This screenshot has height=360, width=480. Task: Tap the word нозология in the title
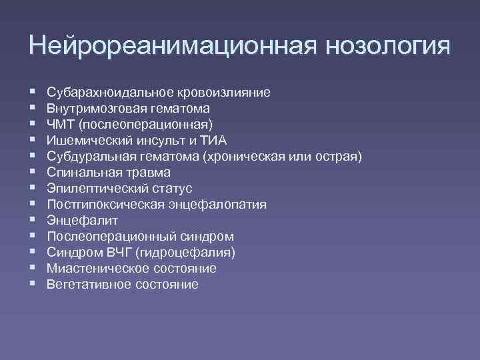coord(387,46)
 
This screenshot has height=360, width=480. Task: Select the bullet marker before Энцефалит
coord(32,220)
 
